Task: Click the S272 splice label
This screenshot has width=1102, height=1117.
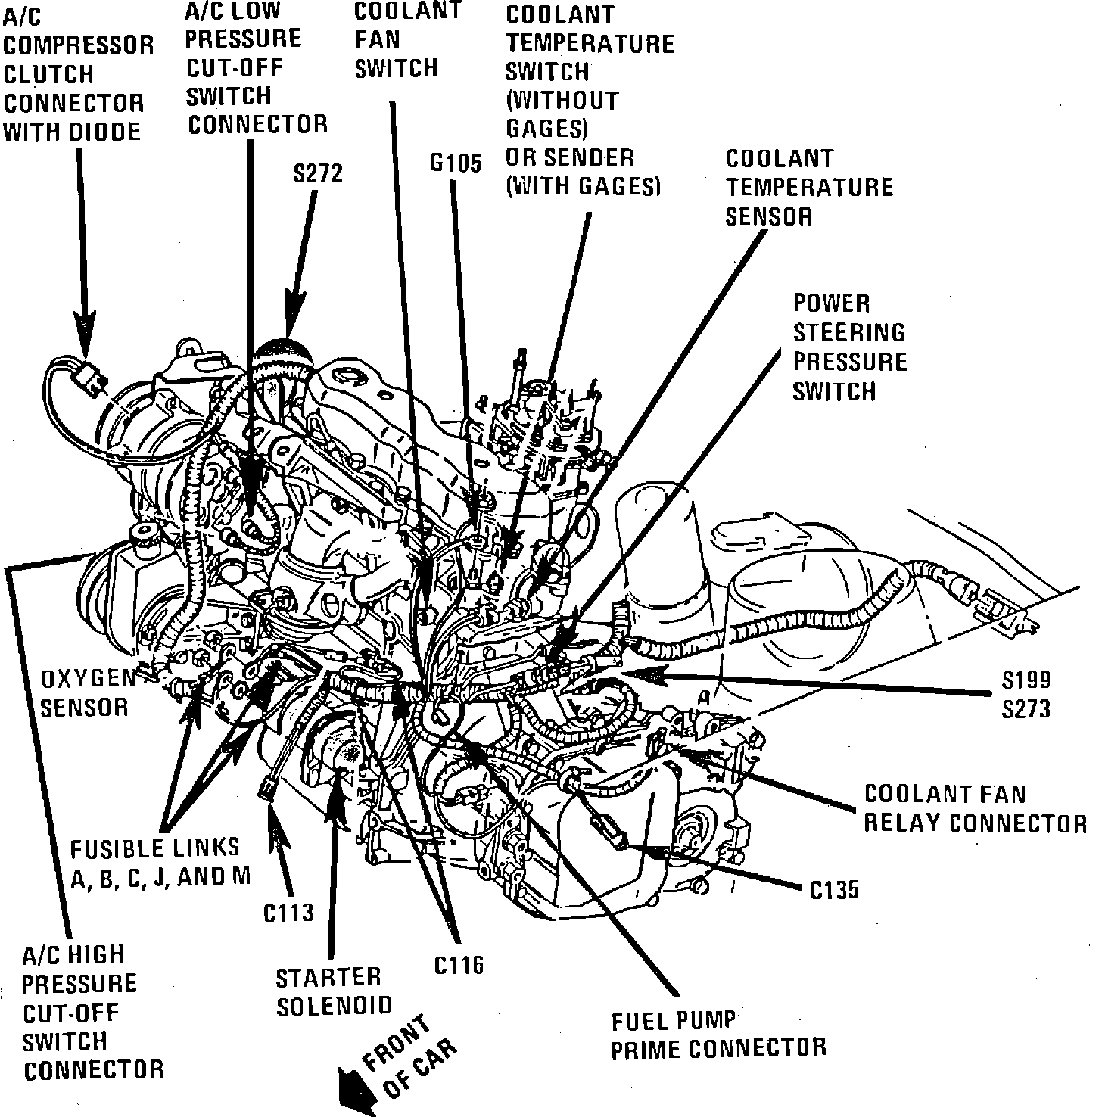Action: [x=318, y=174]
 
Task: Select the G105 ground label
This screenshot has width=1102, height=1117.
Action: [x=455, y=163]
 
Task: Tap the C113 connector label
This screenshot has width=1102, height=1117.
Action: [x=288, y=912]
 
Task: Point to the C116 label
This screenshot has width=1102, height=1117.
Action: [x=459, y=965]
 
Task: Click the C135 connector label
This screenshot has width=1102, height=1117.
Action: [x=835, y=890]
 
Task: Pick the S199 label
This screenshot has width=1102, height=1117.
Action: [x=1026, y=679]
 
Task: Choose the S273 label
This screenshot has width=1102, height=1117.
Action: [x=1026, y=708]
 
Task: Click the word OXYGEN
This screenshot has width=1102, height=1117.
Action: [x=88, y=678]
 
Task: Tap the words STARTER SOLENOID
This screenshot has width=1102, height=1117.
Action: [x=334, y=991]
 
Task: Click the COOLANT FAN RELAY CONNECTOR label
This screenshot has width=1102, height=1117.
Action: [x=975, y=807]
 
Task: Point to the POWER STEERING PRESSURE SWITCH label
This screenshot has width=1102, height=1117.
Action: [x=850, y=347]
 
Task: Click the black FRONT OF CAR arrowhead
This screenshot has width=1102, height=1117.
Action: [x=350, y=1076]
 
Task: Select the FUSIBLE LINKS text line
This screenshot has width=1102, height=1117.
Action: [x=155, y=847]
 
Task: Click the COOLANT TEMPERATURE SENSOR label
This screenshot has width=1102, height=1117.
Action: [x=809, y=188]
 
